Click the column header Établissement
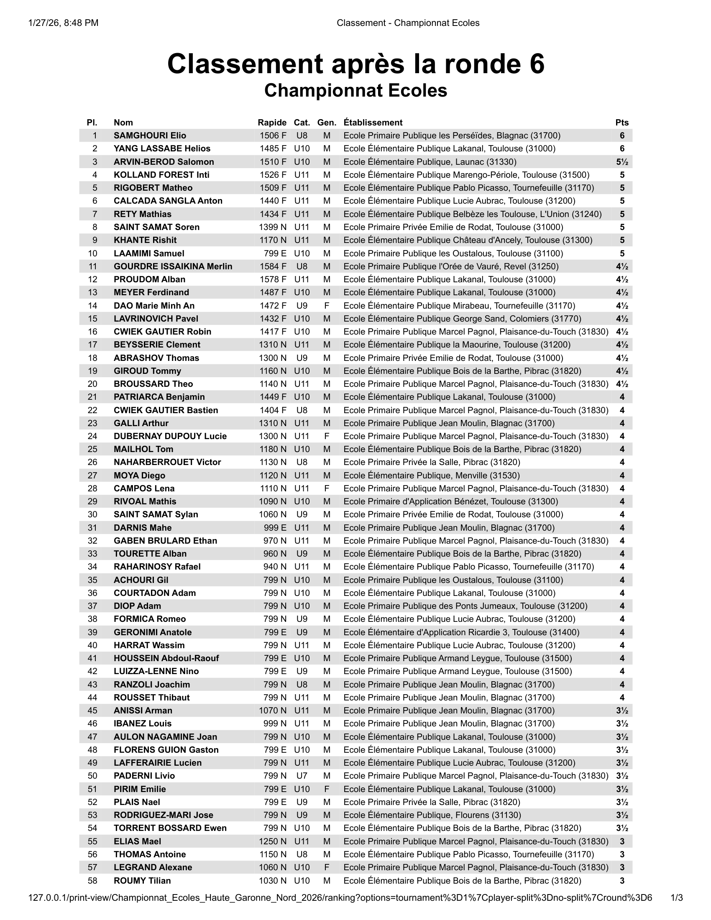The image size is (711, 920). [373, 123]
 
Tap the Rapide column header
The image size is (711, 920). [272, 123]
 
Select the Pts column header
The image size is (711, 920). [621, 123]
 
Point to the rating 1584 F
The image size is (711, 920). [273, 266]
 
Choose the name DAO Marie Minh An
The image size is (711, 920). [154, 305]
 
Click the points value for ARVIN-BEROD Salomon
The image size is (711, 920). [621, 162]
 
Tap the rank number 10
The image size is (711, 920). [93, 253]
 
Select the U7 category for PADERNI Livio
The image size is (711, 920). [302, 775]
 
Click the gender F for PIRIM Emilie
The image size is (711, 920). [327, 789]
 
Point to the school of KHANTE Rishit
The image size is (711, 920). [468, 240]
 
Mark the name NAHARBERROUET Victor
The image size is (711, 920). [167, 462]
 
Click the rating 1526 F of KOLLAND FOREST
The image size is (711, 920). [273, 175]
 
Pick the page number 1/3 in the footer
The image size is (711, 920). [676, 898]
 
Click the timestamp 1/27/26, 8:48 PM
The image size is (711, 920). [63, 23]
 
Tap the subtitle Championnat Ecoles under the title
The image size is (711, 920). [355, 91]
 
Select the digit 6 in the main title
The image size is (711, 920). [535, 64]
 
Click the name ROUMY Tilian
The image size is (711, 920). [142, 880]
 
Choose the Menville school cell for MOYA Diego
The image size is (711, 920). [431, 475]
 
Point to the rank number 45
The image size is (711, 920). [93, 710]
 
